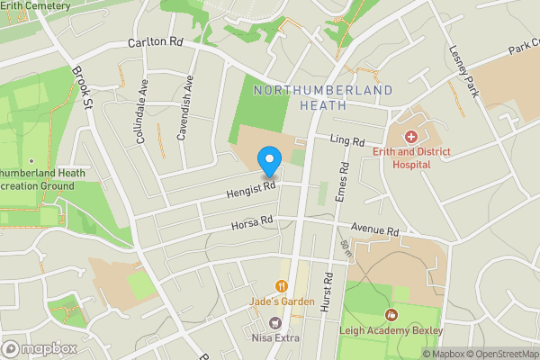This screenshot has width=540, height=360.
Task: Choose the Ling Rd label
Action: pos(346,142)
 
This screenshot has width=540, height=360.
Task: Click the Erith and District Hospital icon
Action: pos(411,137)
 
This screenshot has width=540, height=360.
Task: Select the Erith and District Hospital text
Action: pos(413,157)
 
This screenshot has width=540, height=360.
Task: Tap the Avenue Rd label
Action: pos(374,231)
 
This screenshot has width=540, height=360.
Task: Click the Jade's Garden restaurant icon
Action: pos(282,286)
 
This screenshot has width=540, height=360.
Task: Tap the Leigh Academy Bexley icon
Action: pos(391,315)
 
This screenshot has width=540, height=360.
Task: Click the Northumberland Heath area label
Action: pos(323,97)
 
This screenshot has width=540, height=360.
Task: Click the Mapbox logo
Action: pos(39,348)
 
